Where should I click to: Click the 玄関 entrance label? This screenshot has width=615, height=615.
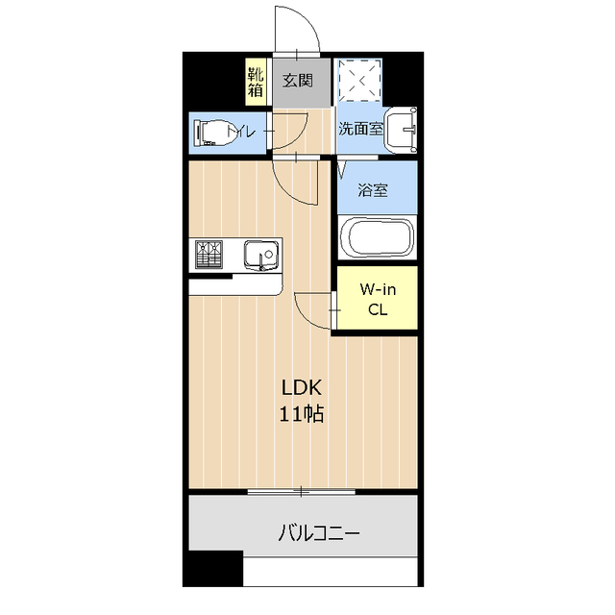tap(298, 81)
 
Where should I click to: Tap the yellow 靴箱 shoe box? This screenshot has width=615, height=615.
tap(256, 82)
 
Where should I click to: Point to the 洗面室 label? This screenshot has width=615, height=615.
tap(361, 128)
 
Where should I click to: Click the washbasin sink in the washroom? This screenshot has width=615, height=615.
tap(401, 130)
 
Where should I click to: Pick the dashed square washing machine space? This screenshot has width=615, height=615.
tap(359, 81)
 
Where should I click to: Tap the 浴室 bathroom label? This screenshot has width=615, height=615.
tap(373, 190)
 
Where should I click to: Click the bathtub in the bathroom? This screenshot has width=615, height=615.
tap(378, 237)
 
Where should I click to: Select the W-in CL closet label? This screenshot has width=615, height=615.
tap(378, 300)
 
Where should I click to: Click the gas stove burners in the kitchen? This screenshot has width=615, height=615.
tap(209, 254)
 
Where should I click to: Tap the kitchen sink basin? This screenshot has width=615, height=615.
tap(261, 256)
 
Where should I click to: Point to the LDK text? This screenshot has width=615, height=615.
tap(302, 387)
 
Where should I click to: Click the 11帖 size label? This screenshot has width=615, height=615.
tap(301, 414)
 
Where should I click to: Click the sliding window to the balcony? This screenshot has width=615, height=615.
tap(301, 491)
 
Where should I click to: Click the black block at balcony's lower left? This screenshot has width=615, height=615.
tap(213, 568)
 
